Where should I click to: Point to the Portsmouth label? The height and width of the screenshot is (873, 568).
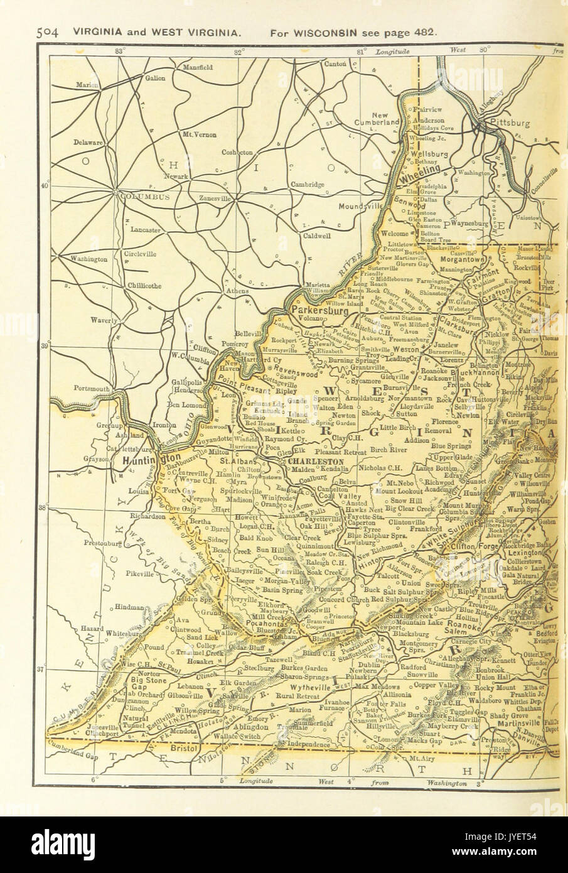tap(92, 389)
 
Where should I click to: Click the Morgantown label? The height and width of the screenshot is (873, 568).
tap(463, 259)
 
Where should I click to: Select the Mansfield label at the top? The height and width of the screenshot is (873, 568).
tap(198, 67)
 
